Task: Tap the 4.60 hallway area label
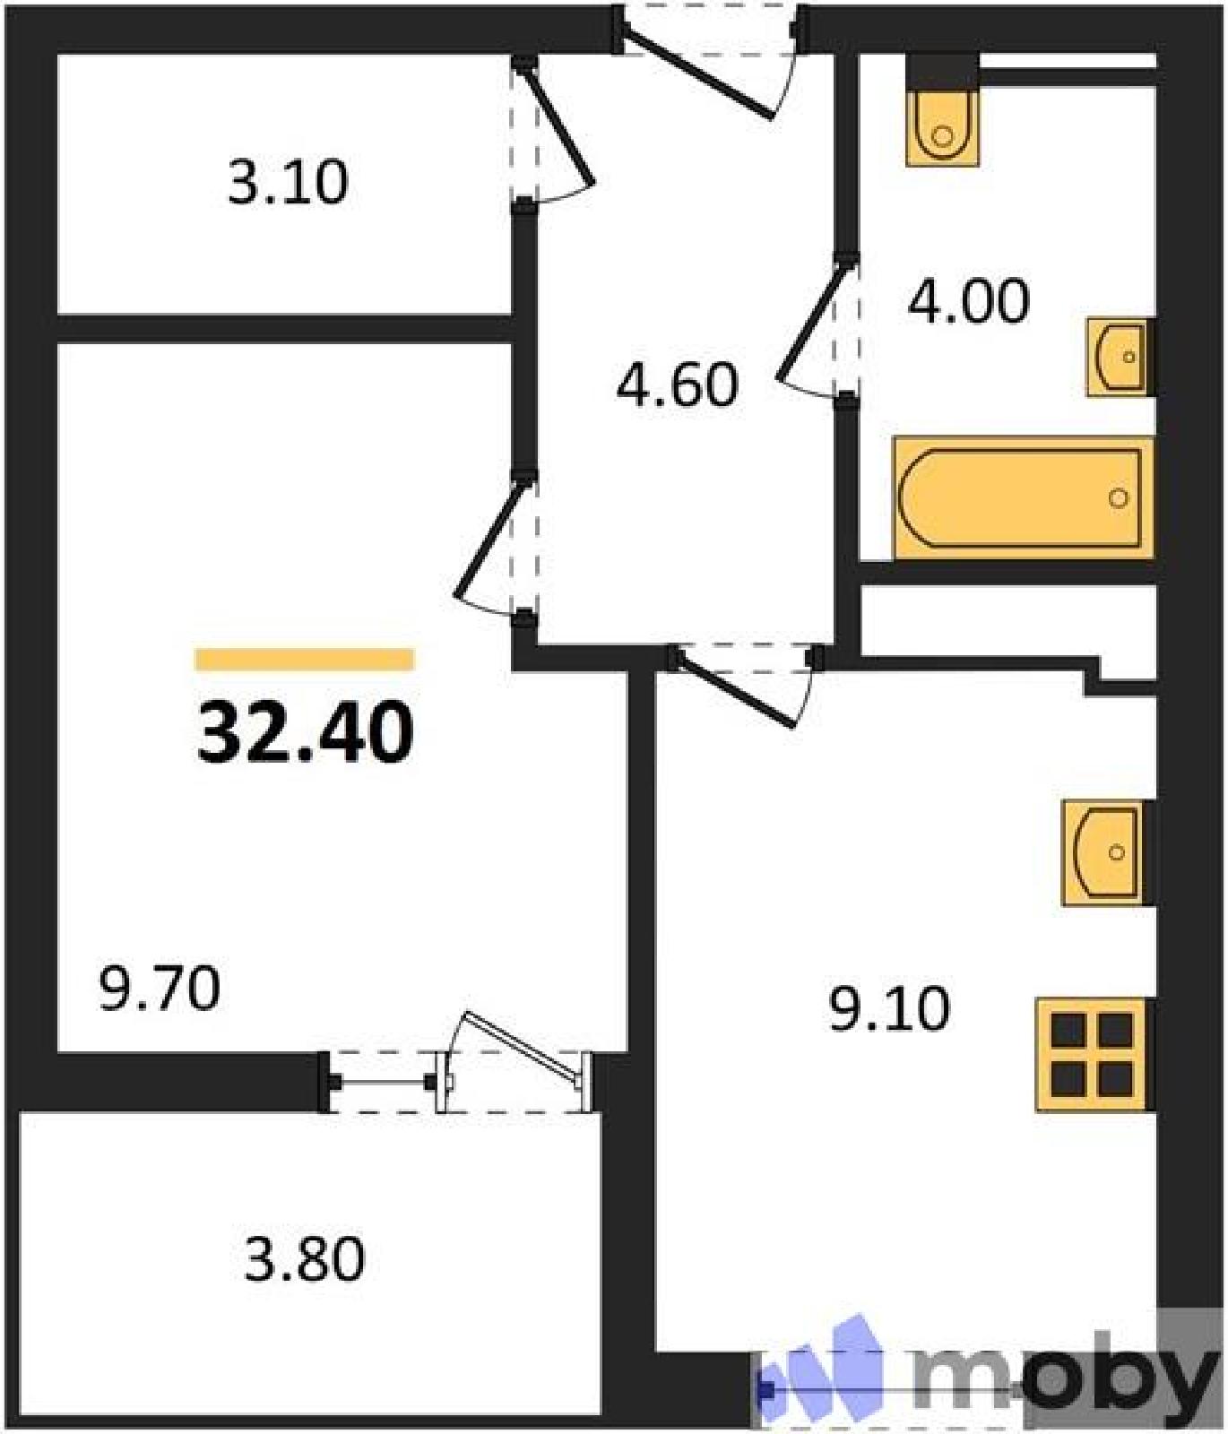[678, 385]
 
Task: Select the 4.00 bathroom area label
[968, 301]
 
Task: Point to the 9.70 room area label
[160, 989]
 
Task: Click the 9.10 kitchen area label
[889, 1009]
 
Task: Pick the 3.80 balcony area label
[305, 1258]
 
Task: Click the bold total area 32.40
[306, 732]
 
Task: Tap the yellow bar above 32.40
[305, 660]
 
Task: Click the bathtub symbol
[1023, 497]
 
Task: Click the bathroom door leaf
[812, 320]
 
